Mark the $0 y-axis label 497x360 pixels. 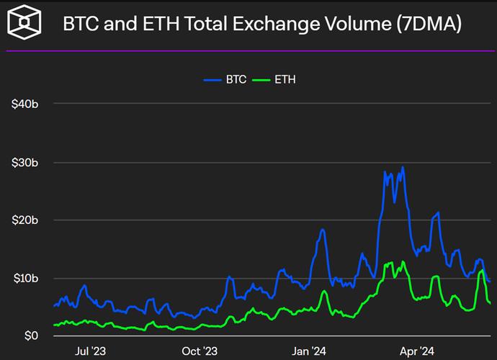point(30,336)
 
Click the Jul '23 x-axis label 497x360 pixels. point(91,351)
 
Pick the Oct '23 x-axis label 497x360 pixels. point(200,351)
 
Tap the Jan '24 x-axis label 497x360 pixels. point(309,351)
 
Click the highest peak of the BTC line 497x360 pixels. point(403,168)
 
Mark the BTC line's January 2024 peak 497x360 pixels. point(323,230)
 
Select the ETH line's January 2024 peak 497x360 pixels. point(324,291)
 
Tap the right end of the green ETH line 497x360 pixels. point(491,303)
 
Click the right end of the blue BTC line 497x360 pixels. point(490,282)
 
